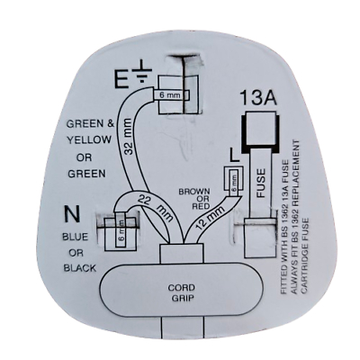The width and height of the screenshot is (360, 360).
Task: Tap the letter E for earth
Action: tap(123, 78)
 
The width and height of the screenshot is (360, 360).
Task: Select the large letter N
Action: tap(72, 213)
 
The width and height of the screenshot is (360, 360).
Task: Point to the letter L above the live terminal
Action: tap(235, 156)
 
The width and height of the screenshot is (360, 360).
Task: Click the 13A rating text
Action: tap(258, 97)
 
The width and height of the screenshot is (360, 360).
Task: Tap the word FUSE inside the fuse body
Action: tap(261, 183)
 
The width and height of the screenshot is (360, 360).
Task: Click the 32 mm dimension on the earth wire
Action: tap(129, 137)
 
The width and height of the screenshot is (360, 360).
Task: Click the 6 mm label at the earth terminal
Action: tap(170, 95)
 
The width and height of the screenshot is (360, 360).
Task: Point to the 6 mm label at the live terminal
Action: tap(234, 182)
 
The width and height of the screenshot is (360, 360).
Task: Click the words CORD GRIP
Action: tap(181, 292)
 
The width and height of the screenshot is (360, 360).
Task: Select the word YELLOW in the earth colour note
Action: tap(89, 139)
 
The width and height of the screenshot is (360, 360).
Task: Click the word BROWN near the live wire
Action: tap(194, 192)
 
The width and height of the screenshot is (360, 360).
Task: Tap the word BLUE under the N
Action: tap(75, 237)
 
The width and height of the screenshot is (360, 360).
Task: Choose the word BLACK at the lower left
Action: tap(80, 268)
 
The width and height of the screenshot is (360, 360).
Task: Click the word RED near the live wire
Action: tap(201, 206)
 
